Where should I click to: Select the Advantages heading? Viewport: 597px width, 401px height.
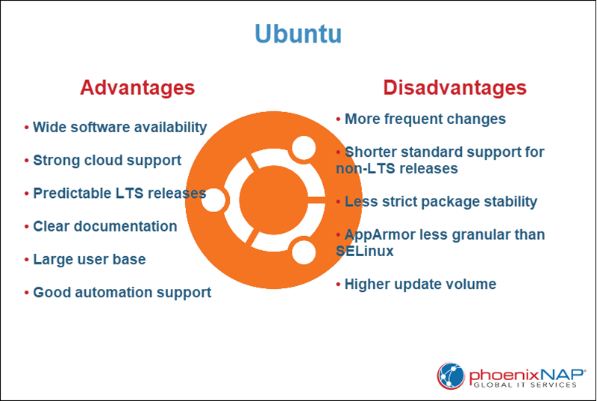tap(137, 87)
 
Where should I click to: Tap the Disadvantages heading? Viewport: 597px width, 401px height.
tap(454, 87)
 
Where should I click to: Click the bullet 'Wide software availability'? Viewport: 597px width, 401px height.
tap(119, 128)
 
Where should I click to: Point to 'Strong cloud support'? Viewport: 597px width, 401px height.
tap(107, 161)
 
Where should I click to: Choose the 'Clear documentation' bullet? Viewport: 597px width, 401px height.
tap(104, 226)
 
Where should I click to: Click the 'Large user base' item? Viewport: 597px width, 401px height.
tap(89, 260)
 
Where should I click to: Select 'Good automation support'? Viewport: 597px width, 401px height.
tap(122, 293)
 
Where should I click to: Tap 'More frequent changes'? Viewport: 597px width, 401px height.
tap(425, 119)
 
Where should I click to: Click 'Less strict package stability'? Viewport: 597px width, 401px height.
tap(440, 202)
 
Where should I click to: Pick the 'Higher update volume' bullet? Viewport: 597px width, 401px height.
tap(419, 285)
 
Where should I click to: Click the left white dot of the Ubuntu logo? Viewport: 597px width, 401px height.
tap(214, 199)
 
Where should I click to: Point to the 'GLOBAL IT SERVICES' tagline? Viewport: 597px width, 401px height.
tap(525, 385)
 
